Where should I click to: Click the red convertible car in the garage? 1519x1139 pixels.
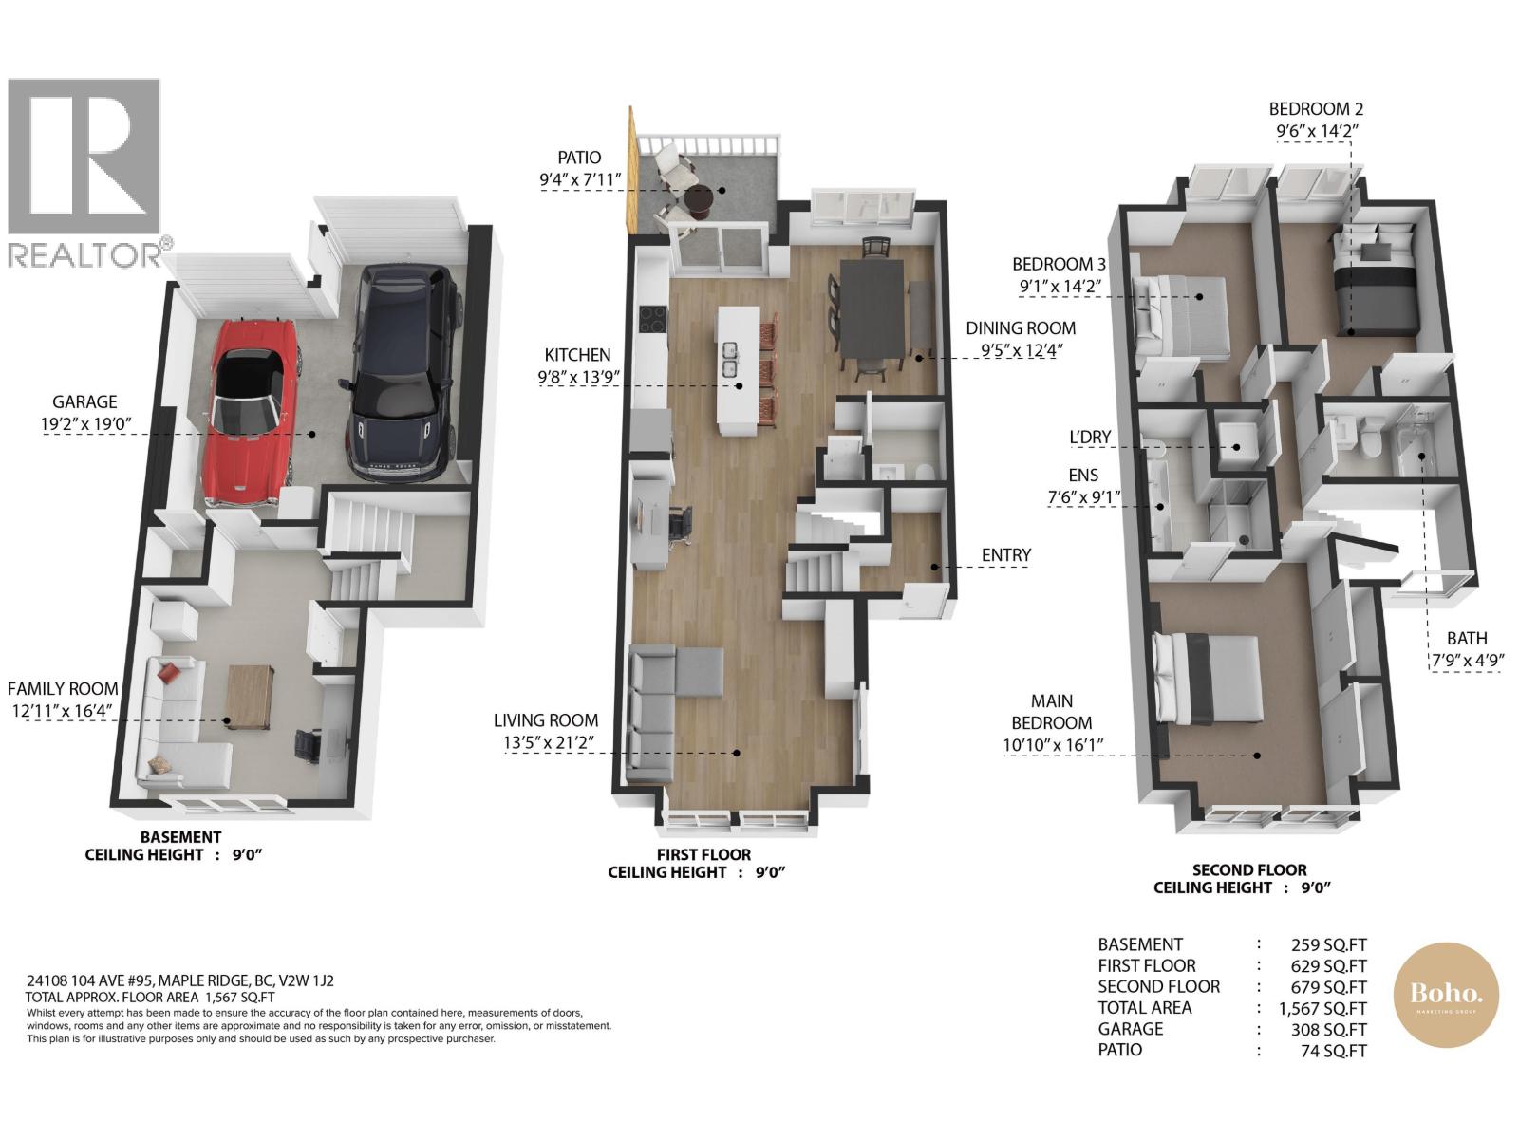253,412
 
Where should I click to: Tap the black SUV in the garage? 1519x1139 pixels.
404,373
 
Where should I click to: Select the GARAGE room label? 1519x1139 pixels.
84,401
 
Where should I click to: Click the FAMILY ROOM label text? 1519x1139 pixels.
63,689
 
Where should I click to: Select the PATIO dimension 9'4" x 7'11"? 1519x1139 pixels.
580,179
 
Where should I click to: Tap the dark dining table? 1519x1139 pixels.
872,308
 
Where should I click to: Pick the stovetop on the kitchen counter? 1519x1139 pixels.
652,320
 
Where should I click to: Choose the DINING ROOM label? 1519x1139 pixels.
1021,327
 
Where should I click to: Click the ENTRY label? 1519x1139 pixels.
1006,554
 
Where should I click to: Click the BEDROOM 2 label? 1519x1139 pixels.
1316,108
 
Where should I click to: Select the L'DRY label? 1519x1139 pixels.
1090,437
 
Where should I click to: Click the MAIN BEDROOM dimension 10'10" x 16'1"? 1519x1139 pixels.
1053,745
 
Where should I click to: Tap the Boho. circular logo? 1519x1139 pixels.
1446,995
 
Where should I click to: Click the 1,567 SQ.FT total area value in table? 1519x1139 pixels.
1322,1008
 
